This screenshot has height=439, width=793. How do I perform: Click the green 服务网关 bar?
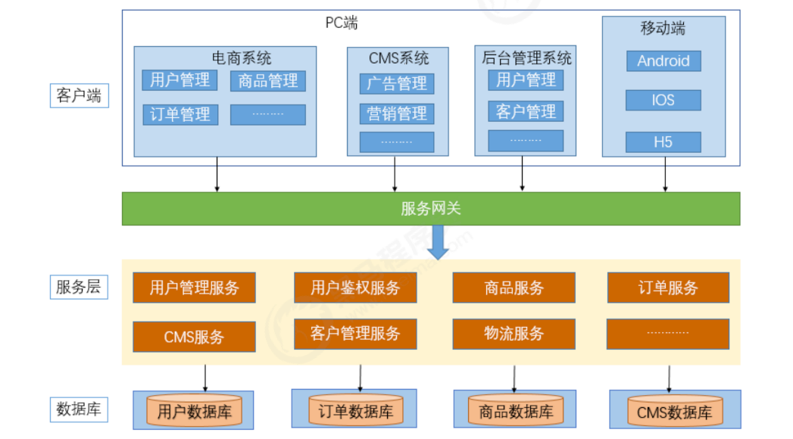(x=430, y=209)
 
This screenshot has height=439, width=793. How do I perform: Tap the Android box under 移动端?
(x=663, y=61)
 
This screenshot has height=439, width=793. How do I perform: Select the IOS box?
(x=663, y=100)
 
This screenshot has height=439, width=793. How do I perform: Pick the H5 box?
(x=663, y=142)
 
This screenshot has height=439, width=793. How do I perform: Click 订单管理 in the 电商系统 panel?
(x=180, y=114)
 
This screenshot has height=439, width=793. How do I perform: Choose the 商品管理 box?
(x=268, y=81)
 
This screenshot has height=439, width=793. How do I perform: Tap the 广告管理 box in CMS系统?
(x=397, y=83)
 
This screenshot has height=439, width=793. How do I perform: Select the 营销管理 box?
(x=397, y=114)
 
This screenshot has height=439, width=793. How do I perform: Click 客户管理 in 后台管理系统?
(x=526, y=111)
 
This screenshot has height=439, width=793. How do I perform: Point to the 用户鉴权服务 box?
(x=355, y=288)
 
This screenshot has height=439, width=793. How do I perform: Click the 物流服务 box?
(x=514, y=333)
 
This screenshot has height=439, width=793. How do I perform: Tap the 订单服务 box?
(x=668, y=288)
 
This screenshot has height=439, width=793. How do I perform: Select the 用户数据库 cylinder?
(x=194, y=412)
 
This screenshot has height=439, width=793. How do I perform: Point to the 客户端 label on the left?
(x=79, y=96)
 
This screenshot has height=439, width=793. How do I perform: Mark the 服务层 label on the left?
(x=79, y=288)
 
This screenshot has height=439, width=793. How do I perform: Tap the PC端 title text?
(x=342, y=23)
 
